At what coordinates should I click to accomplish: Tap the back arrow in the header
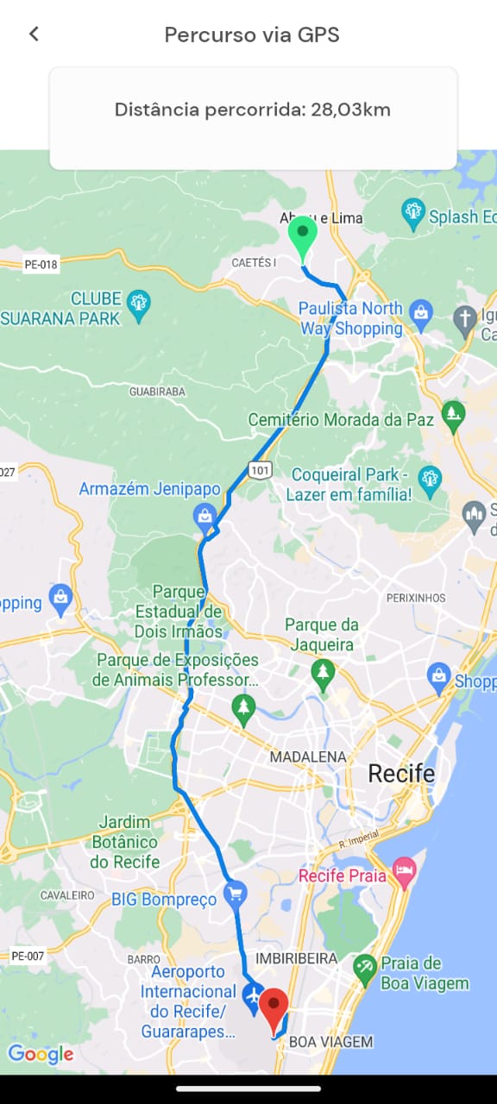click(x=34, y=34)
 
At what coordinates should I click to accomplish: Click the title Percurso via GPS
click(x=252, y=34)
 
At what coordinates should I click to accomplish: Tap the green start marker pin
click(x=302, y=235)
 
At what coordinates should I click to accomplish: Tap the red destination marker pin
click(x=274, y=1010)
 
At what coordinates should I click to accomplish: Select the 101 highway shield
click(x=260, y=470)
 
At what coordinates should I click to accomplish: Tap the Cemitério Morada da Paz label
click(x=341, y=420)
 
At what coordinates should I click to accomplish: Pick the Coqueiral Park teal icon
click(x=429, y=478)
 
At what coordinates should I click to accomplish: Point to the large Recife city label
click(x=401, y=773)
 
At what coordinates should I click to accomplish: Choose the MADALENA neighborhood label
click(x=308, y=756)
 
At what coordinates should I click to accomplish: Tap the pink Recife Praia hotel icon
click(x=404, y=871)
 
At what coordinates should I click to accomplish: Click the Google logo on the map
click(x=41, y=1054)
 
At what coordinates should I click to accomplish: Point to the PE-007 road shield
click(x=28, y=956)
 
